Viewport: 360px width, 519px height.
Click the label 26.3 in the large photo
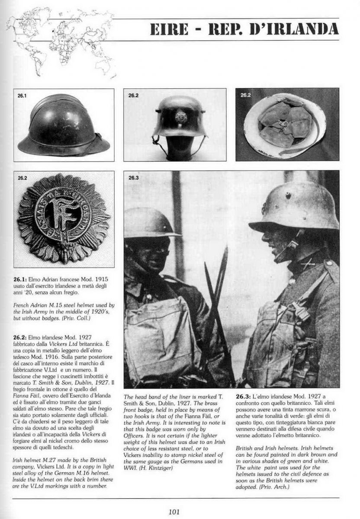(133, 177)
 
